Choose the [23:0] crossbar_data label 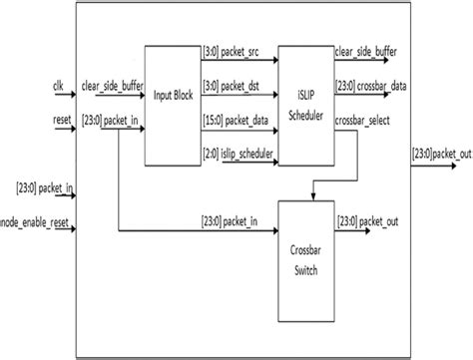click(371, 88)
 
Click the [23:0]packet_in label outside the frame click(36, 186)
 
